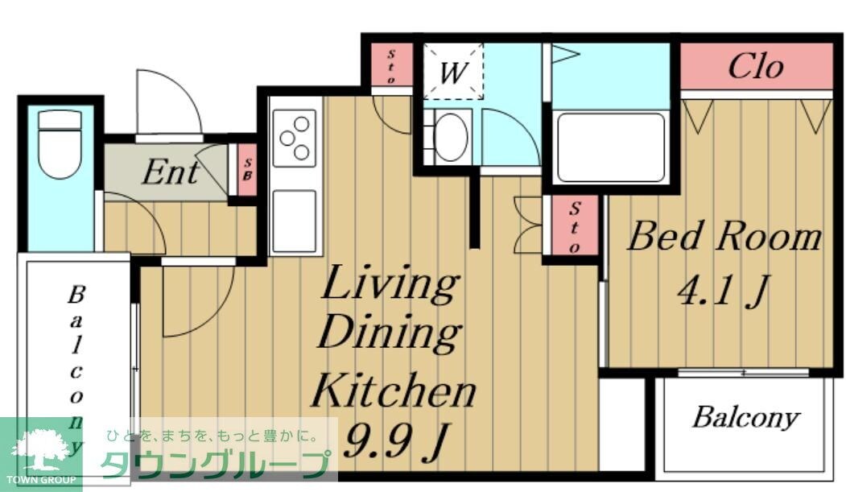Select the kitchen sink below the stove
pyautogui.click(x=294, y=221)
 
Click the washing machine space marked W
pyautogui.click(x=452, y=72)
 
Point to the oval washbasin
pyautogui.click(x=451, y=137)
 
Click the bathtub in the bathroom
pyautogui.click(x=611, y=147)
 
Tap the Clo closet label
pyautogui.click(x=755, y=67)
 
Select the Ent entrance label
pyautogui.click(x=171, y=172)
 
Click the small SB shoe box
pyautogui.click(x=248, y=169)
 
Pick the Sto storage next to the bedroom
pyautogui.click(x=575, y=225)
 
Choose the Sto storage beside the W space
pyautogui.click(x=392, y=65)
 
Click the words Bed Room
pyautogui.click(x=724, y=236)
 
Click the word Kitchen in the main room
pyautogui.click(x=394, y=390)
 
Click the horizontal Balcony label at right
pyautogui.click(x=745, y=418)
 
